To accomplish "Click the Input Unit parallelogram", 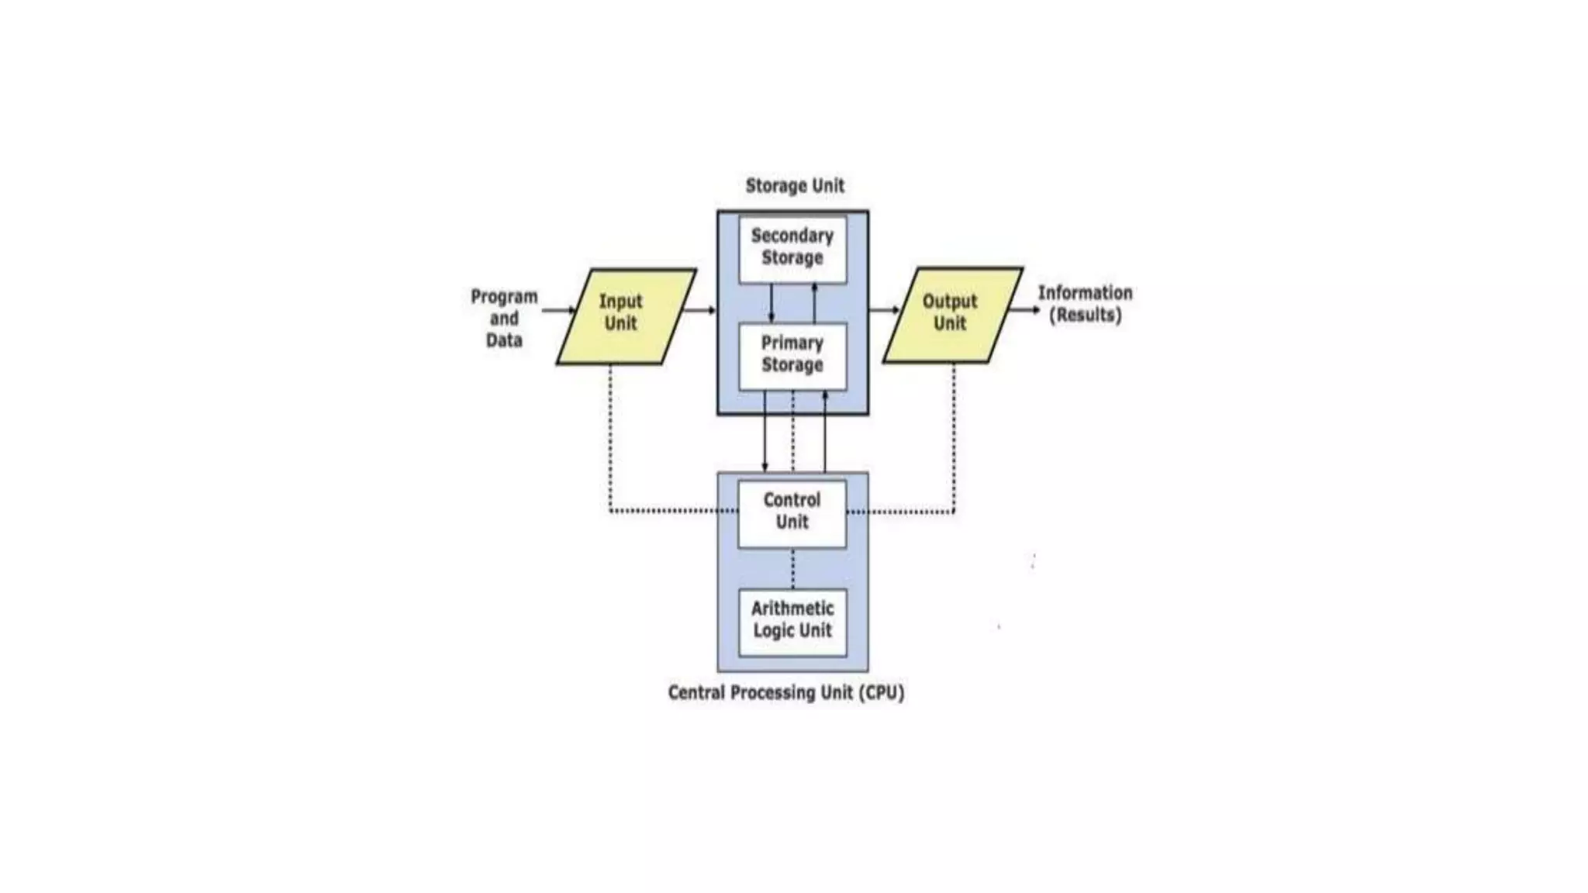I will [625, 316].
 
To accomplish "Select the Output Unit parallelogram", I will [952, 315].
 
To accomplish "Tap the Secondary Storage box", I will [792, 248].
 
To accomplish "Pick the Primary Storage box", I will [792, 355].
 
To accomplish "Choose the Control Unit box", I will [792, 512].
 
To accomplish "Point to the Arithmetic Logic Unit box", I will [792, 621].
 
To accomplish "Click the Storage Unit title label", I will [794, 186].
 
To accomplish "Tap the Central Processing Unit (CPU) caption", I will [785, 692].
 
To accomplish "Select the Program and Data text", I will [504, 319].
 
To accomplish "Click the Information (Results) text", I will [1085, 304].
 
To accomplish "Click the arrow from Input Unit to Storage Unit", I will [700, 311].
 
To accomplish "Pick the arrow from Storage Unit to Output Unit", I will [884, 310].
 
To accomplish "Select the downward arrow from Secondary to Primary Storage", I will [771, 303].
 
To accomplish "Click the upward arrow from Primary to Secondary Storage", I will [814, 303].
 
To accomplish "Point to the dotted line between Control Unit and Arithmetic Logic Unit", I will [792, 569].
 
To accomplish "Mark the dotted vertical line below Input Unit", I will [610, 438].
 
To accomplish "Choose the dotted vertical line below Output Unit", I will [954, 438].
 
